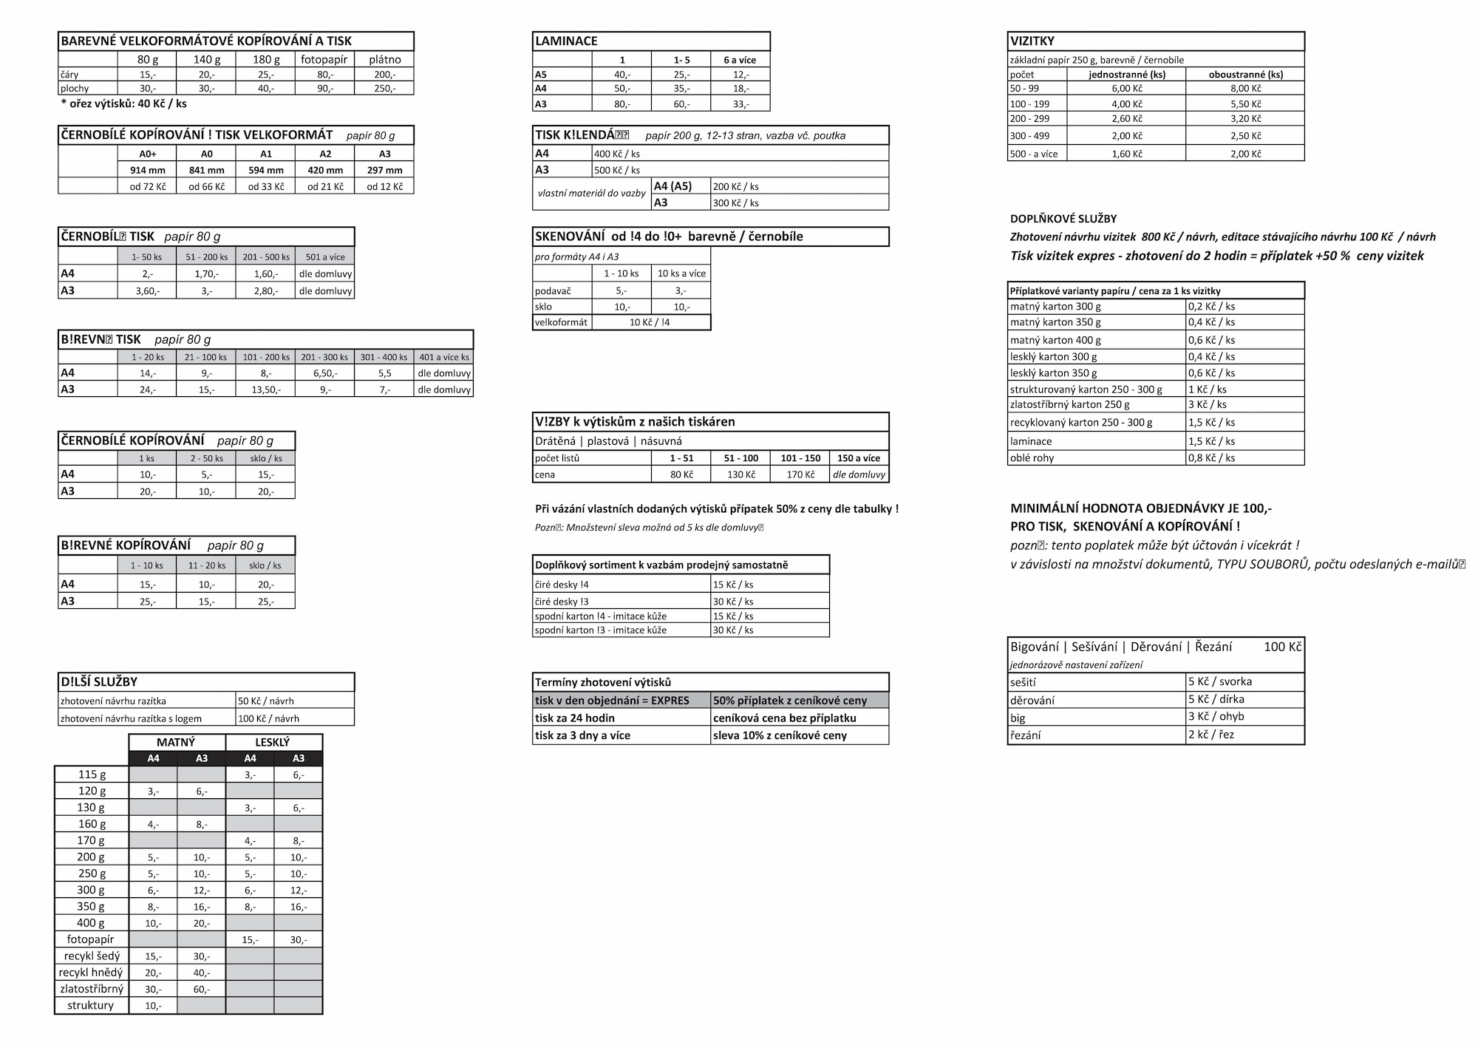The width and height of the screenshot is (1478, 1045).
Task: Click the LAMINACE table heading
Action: pyautogui.click(x=566, y=41)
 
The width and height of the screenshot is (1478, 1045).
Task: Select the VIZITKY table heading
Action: pyautogui.click(x=1032, y=41)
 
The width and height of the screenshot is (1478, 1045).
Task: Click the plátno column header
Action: pyautogui.click(x=384, y=60)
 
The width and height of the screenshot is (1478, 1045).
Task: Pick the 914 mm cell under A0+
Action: pyautogui.click(x=148, y=170)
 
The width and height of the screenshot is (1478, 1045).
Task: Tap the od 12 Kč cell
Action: pyautogui.click(x=384, y=187)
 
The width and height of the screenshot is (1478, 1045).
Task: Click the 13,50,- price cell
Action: pyautogui.click(x=266, y=389)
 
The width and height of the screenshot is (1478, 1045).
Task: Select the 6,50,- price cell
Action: pyautogui.click(x=325, y=373)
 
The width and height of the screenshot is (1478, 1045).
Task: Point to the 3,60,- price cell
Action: pyautogui.click(x=147, y=291)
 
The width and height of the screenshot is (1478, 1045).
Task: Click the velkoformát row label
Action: pyautogui.click(x=562, y=322)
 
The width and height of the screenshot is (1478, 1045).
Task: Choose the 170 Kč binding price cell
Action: pyautogui.click(x=800, y=474)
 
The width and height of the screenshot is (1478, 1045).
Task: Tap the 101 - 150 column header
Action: pyautogui.click(x=800, y=458)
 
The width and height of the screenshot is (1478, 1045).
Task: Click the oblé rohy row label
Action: pyautogui.click(x=1032, y=457)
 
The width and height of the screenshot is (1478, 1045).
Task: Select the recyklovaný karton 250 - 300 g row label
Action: pyautogui.click(x=1081, y=423)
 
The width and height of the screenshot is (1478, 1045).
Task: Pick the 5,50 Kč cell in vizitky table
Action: pyautogui.click(x=1245, y=104)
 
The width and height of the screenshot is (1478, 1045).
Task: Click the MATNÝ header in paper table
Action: pyautogui.click(x=176, y=742)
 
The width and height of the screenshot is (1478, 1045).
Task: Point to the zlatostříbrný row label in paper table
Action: pyautogui.click(x=92, y=989)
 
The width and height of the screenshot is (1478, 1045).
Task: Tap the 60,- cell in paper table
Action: pyautogui.click(x=202, y=989)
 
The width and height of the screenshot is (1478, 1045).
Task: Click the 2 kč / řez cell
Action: pyautogui.click(x=1211, y=735)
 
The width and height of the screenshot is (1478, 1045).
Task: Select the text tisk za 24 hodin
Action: pyautogui.click(x=575, y=718)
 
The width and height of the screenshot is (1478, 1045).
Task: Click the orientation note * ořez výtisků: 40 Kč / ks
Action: pyautogui.click(x=123, y=103)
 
